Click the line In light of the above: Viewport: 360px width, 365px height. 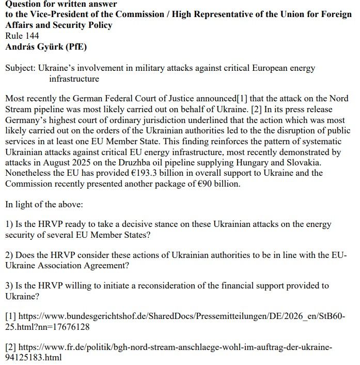click(x=44, y=204)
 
